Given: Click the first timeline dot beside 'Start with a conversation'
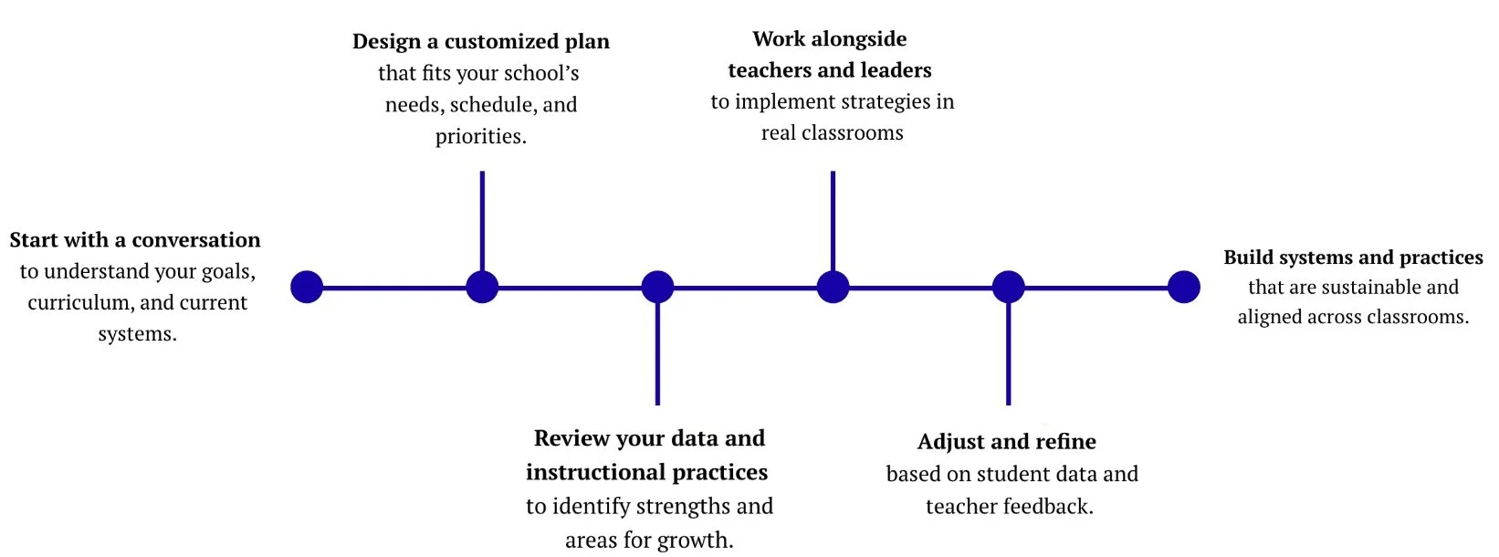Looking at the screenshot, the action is pyautogui.click(x=307, y=287).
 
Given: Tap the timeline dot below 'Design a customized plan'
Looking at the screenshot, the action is pyautogui.click(x=482, y=287).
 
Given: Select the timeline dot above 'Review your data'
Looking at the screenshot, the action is pyautogui.click(x=657, y=287).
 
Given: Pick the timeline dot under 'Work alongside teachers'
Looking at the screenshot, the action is pyautogui.click(x=833, y=287).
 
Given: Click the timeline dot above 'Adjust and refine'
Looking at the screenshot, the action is pyautogui.click(x=1008, y=287).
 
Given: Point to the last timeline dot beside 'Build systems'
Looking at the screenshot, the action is pyautogui.click(x=1183, y=287).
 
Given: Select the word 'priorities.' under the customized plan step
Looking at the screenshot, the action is pyautogui.click(x=481, y=137).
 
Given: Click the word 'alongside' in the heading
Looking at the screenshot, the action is pyautogui.click(x=859, y=39).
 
